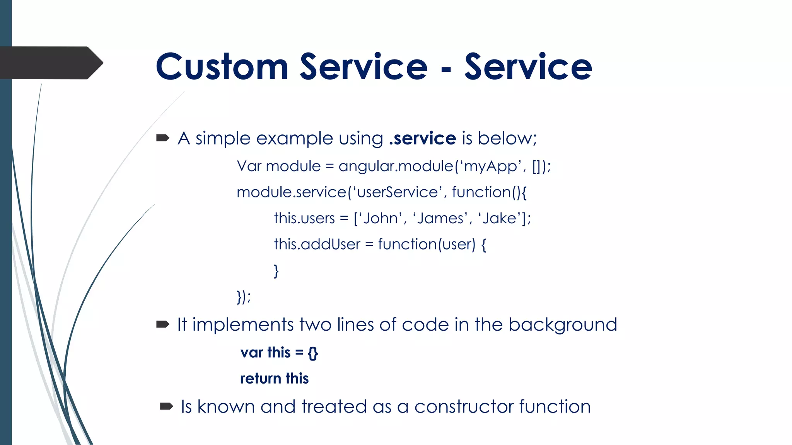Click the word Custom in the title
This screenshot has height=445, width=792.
tap(222, 67)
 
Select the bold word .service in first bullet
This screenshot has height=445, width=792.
tap(423, 138)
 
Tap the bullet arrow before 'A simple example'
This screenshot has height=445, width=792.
tap(163, 138)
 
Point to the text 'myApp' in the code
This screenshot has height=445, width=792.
tap(490, 166)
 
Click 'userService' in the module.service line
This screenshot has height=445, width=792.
tap(398, 192)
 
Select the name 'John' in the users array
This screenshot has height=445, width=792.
tap(381, 218)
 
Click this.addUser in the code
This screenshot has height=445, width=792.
tap(317, 244)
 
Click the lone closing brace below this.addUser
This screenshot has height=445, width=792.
tap(276, 270)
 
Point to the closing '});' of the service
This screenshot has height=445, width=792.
tap(244, 297)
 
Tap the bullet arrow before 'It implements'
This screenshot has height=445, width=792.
tap(163, 324)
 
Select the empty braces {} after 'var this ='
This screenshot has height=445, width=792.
tap(313, 353)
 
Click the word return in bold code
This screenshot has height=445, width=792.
tap(260, 379)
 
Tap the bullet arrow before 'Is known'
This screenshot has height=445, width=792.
tap(166, 406)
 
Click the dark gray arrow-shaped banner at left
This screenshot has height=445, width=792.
tap(50, 63)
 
